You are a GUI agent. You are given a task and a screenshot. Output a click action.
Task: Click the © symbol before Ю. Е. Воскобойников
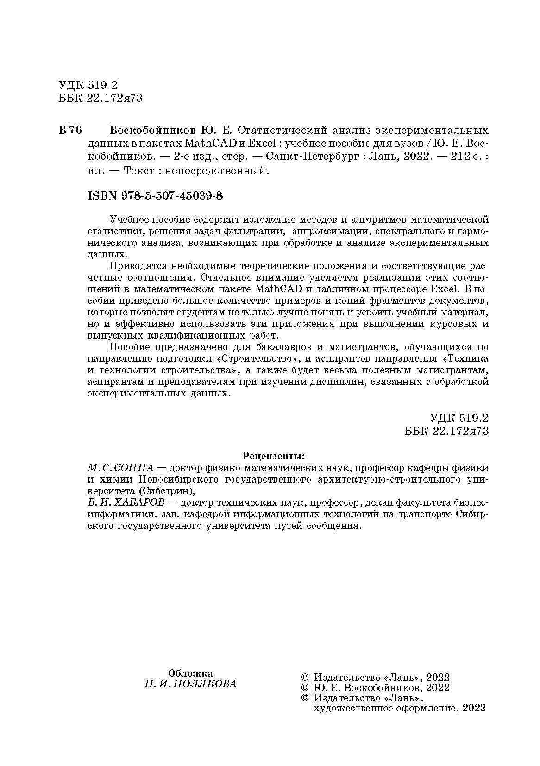[305, 688]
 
